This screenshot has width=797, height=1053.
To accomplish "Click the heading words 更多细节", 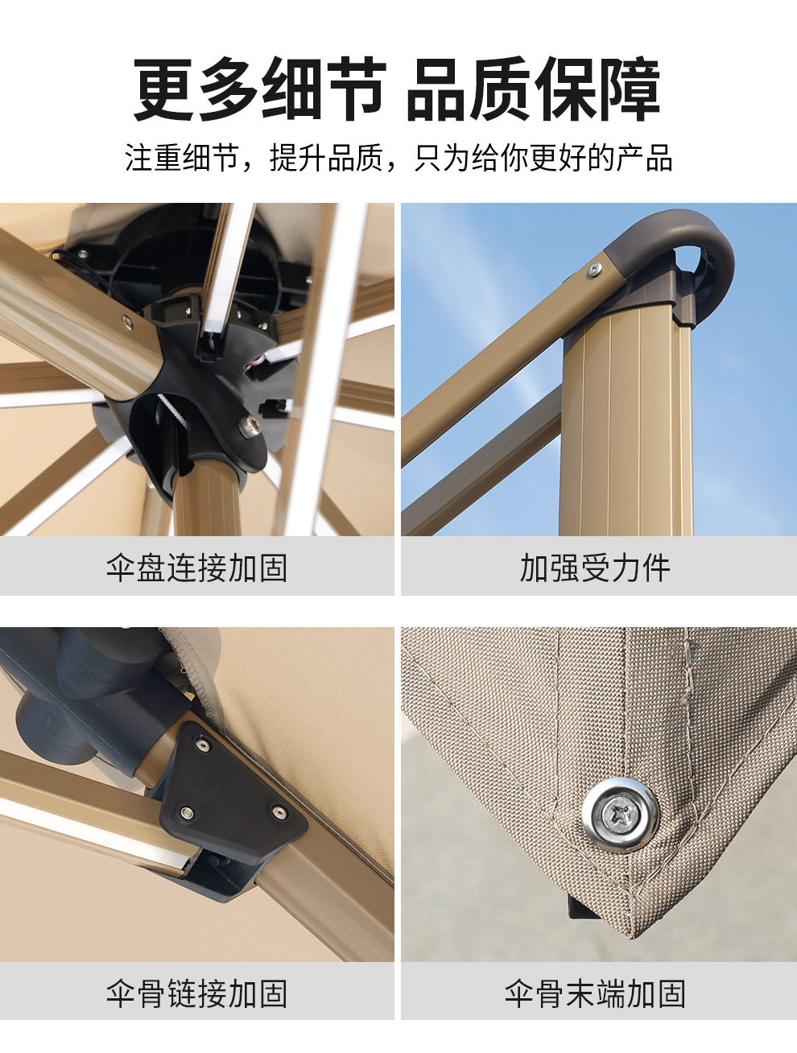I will click(259, 89).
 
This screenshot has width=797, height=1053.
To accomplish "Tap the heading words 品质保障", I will click(533, 89).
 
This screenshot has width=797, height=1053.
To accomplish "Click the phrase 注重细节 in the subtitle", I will click(182, 158).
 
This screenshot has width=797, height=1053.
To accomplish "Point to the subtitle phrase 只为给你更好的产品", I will click(544, 158).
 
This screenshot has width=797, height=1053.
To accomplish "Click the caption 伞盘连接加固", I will click(196, 568).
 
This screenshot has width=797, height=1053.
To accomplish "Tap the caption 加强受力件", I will click(595, 568).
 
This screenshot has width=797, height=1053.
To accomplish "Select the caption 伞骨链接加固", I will click(196, 994).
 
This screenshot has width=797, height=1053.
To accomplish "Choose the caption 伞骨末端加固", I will click(595, 994).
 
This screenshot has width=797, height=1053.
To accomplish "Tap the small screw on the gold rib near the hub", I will click(127, 323).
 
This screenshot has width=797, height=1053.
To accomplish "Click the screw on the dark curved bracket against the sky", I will click(594, 269).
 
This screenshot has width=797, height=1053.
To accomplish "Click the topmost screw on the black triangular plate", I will click(203, 745).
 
